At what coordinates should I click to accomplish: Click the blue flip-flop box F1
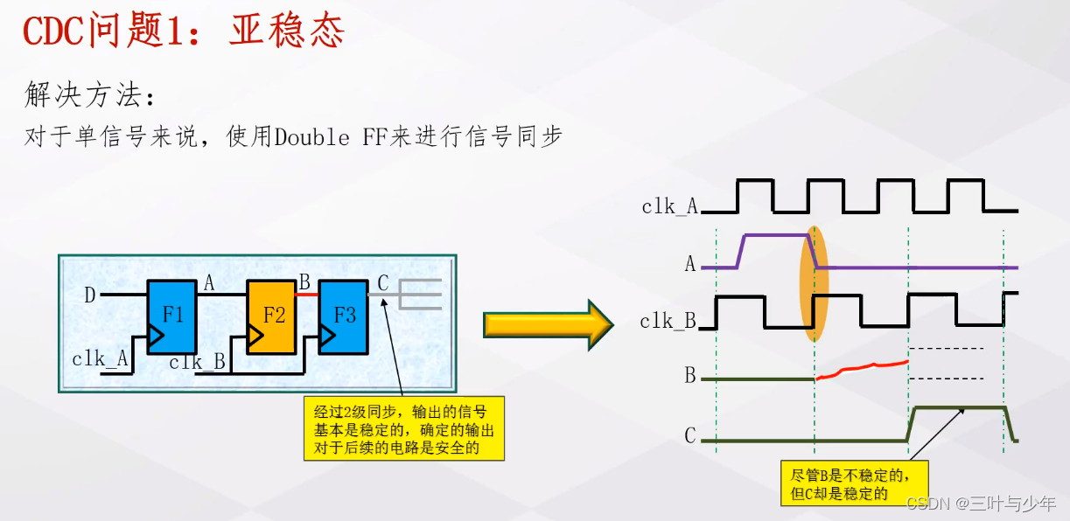(171, 316)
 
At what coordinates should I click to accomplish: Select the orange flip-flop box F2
(272, 316)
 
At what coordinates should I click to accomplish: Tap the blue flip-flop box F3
(343, 316)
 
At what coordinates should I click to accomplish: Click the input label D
(89, 295)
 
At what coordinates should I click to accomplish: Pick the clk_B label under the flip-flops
(198, 362)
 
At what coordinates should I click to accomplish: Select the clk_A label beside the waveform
(670, 207)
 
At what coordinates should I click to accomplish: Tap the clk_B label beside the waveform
(668, 322)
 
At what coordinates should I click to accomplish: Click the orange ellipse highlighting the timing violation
(813, 284)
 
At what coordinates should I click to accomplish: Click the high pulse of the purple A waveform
(775, 235)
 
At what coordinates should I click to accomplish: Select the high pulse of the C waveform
(958, 409)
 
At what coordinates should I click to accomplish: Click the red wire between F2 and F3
(306, 295)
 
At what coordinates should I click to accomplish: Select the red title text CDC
(53, 32)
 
